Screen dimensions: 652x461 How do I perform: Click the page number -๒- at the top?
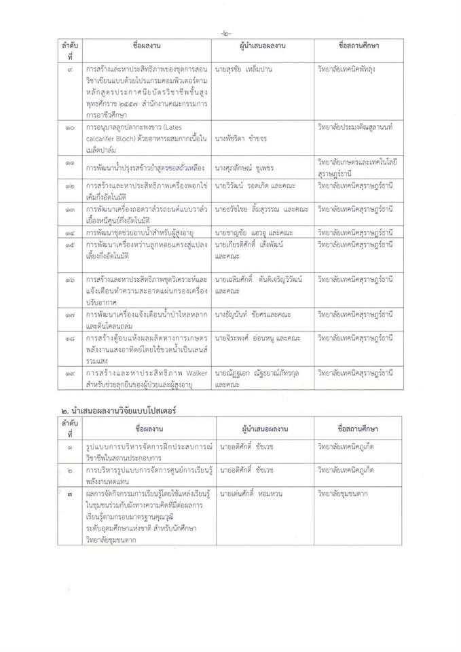point(226,33)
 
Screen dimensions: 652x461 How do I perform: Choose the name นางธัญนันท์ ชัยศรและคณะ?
point(250,315)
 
